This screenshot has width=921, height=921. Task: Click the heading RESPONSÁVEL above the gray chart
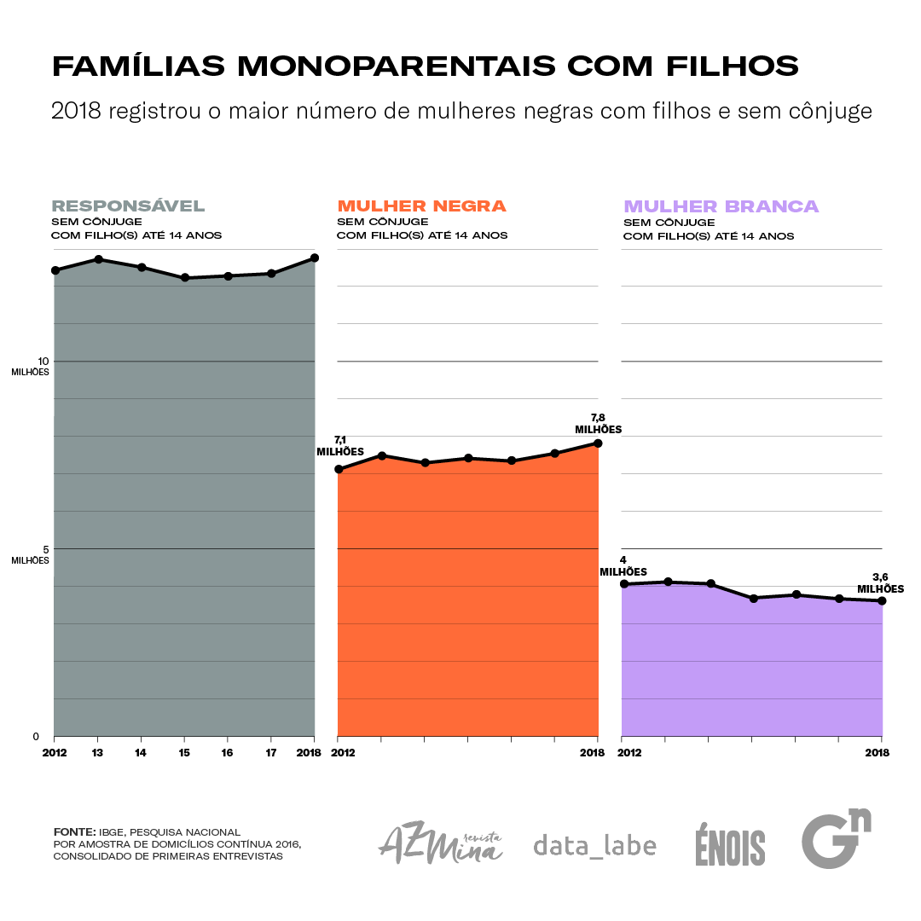pyautogui.click(x=128, y=206)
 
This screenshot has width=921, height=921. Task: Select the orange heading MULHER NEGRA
pyautogui.click(x=421, y=206)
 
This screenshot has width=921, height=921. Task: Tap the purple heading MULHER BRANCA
pyautogui.click(x=721, y=206)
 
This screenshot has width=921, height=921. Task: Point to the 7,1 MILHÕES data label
pyautogui.click(x=340, y=446)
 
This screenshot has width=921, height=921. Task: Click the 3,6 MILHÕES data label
pyautogui.click(x=880, y=583)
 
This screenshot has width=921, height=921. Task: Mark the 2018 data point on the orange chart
pyautogui.click(x=599, y=443)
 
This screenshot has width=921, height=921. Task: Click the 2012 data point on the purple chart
pyautogui.click(x=624, y=584)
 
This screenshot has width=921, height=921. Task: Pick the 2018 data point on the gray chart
pyautogui.click(x=315, y=258)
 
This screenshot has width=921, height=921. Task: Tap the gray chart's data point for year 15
pyautogui.click(x=184, y=278)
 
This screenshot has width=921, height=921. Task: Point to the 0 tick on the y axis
pyautogui.click(x=36, y=736)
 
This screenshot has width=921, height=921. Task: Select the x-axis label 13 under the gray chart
pyautogui.click(x=97, y=753)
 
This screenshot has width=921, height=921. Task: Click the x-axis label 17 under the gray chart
pyautogui.click(x=270, y=753)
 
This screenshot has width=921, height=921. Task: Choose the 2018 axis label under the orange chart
pyautogui.click(x=592, y=753)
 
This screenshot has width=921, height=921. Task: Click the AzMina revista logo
pyautogui.click(x=440, y=844)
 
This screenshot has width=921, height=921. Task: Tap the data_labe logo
pyautogui.click(x=594, y=845)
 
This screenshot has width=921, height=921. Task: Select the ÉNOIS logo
pyautogui.click(x=730, y=846)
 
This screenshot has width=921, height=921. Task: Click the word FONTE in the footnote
pyautogui.click(x=74, y=831)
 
